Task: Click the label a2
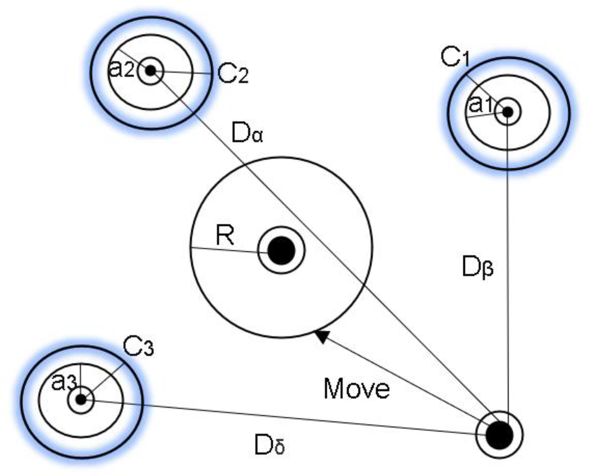tap(121, 70)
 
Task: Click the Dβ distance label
tap(477, 267)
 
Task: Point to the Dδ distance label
tap(269, 445)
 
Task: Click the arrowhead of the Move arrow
tap(322, 336)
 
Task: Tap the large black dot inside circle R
tap(281, 250)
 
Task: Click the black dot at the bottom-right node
tap(499, 435)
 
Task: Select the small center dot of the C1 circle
tap(508, 111)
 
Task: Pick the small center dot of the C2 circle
tap(151, 71)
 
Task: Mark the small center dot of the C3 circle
tap(81, 399)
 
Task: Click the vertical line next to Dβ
tap(507, 289)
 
